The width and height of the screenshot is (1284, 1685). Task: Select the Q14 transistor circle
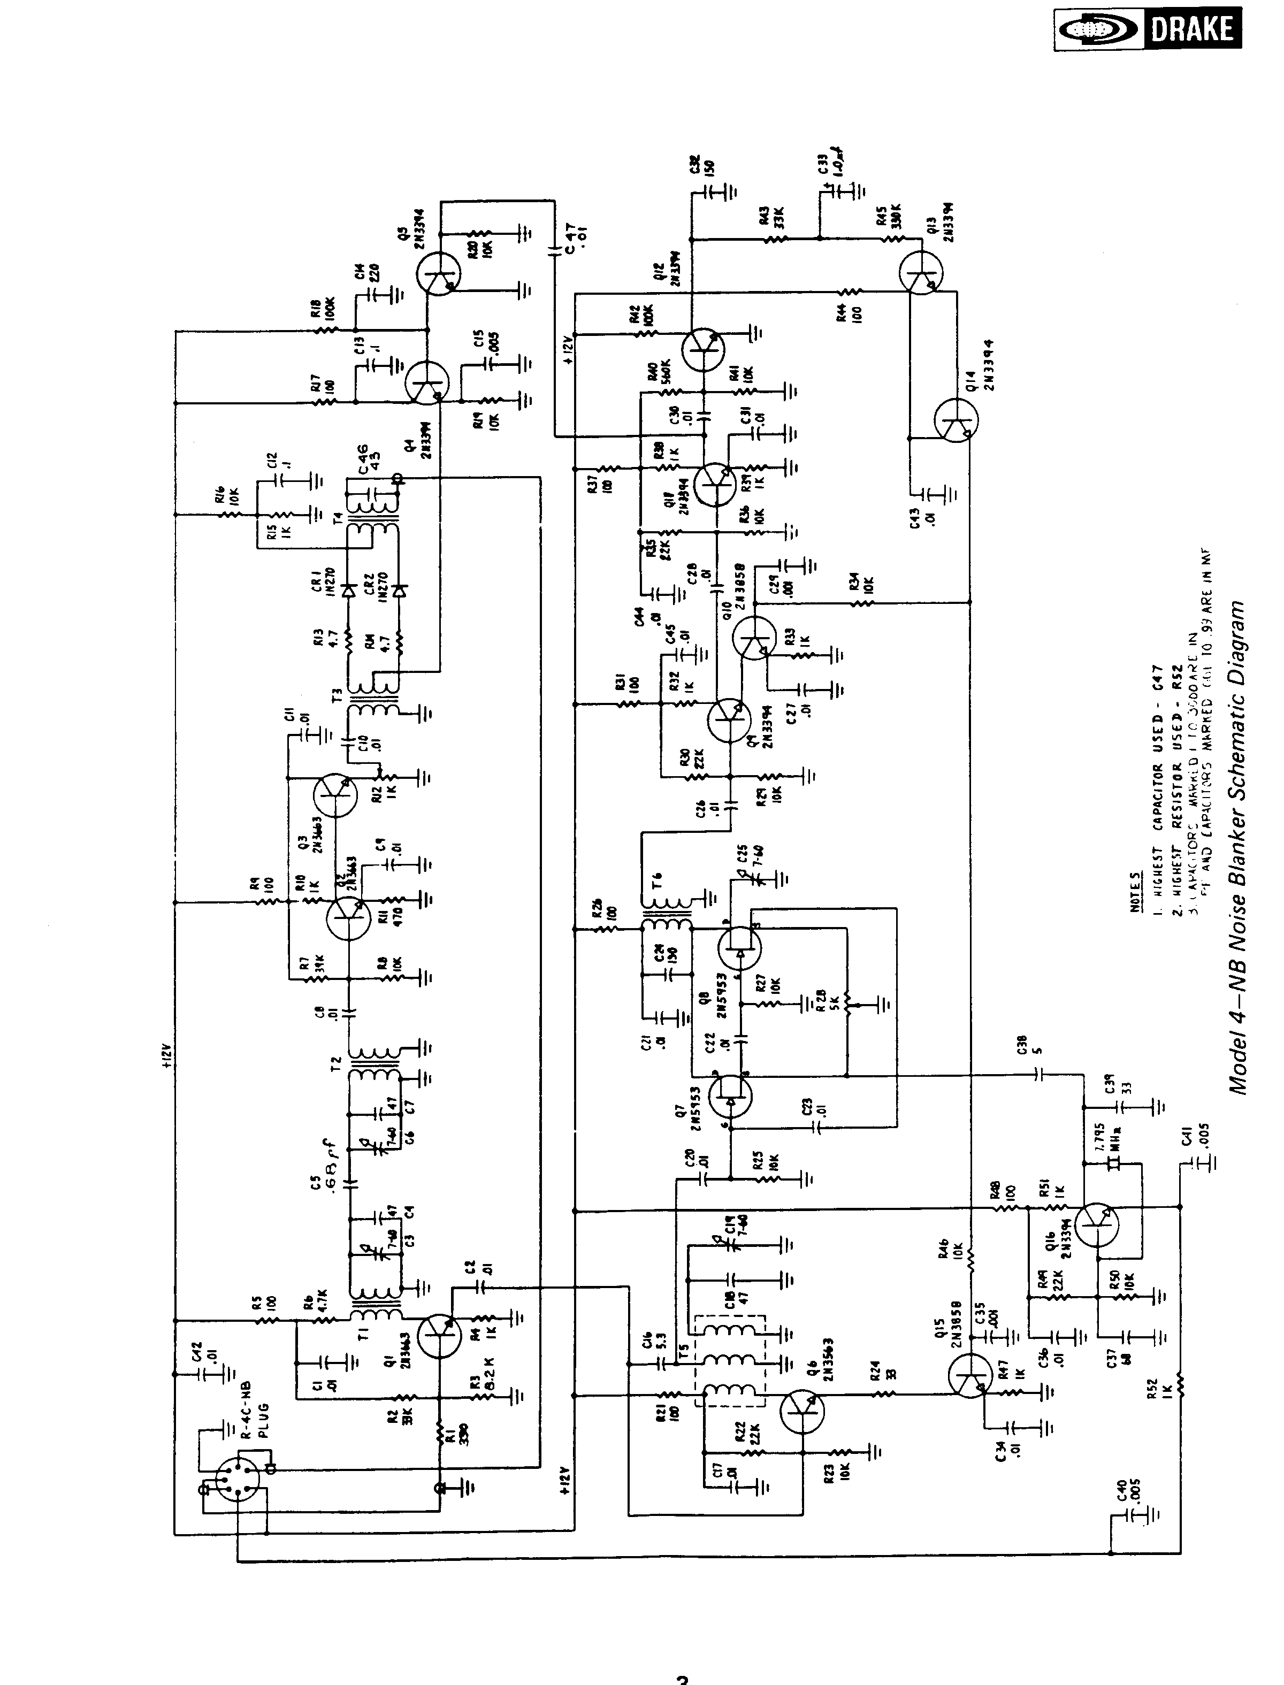(x=956, y=419)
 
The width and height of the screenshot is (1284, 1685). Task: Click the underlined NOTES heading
(x=1136, y=892)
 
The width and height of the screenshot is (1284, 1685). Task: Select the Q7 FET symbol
(x=730, y=1096)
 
